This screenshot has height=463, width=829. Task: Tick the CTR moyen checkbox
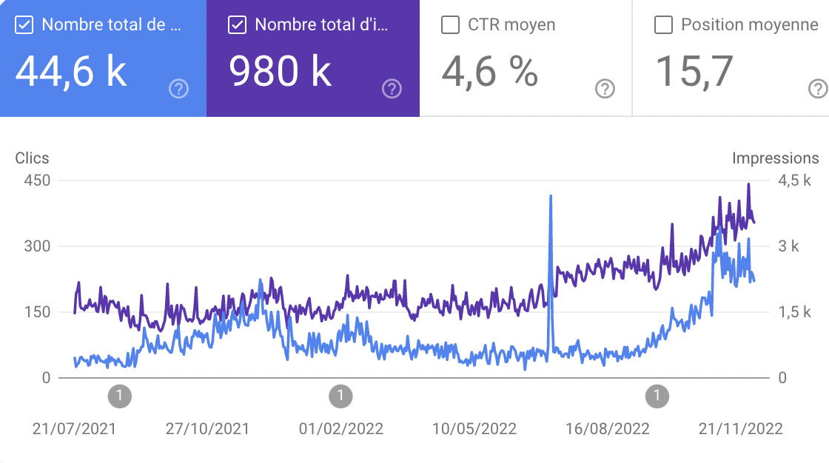tap(450, 25)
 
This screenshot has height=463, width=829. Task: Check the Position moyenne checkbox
tap(663, 25)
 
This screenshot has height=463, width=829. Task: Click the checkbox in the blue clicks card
tap(24, 25)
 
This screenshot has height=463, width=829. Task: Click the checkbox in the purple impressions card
tap(237, 25)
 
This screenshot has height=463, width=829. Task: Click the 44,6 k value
tap(71, 72)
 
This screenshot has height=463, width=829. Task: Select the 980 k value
tap(280, 72)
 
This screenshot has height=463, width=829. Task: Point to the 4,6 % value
tap(490, 72)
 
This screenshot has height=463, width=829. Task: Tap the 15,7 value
tap(694, 72)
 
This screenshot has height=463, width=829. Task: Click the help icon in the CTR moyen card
tap(605, 89)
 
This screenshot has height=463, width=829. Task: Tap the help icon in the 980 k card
tap(392, 89)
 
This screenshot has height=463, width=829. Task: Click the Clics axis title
tap(32, 158)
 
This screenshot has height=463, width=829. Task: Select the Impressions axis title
tap(775, 158)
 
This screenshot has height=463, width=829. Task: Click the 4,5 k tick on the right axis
tap(795, 180)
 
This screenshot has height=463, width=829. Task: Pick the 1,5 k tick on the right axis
tap(795, 312)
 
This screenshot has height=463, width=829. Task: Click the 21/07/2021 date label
tap(74, 429)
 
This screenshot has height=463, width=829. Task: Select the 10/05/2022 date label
tap(474, 429)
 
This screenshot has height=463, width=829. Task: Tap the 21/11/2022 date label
tap(740, 429)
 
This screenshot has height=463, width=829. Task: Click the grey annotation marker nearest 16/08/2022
tap(657, 396)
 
